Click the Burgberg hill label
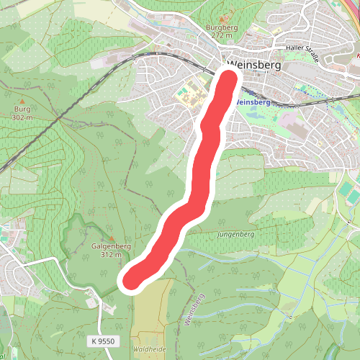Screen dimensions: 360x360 221,28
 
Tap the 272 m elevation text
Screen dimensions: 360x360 221,35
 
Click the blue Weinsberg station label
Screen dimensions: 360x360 252,102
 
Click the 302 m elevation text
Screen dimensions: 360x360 22,117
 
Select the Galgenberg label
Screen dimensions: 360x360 111,246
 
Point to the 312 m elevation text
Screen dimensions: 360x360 111,254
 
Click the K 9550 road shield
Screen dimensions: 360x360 104,340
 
